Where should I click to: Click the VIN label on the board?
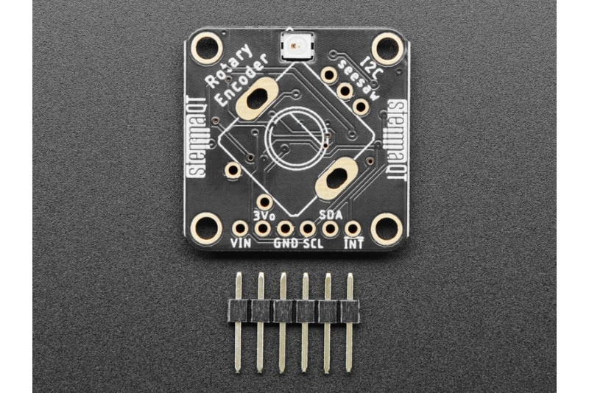point(241,243)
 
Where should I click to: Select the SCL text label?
point(313,244)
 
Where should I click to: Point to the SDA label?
point(331,215)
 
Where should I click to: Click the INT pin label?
point(354,244)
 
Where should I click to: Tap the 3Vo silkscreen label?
point(265,216)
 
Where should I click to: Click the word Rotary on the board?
point(230,66)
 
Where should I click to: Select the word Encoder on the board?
point(243,80)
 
